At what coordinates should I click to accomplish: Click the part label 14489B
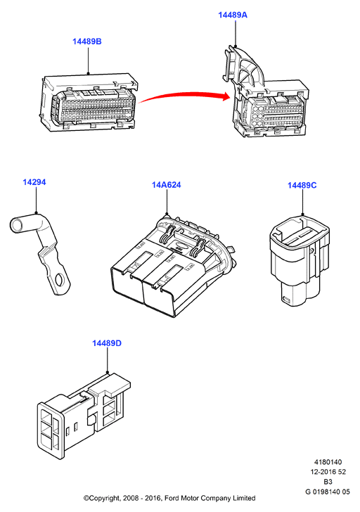[x=86, y=41]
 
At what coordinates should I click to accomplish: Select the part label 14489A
[x=233, y=15]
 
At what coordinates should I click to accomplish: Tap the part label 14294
[x=34, y=182]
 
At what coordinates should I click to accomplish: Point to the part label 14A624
[x=166, y=185]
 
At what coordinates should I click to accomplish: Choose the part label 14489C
[x=302, y=185]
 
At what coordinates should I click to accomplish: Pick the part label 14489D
[x=107, y=343]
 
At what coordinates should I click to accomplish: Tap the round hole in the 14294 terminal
[x=60, y=280]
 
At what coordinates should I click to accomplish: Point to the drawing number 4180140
[x=328, y=462]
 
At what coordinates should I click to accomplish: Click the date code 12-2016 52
[x=328, y=472]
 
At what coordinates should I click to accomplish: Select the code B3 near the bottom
[x=328, y=482]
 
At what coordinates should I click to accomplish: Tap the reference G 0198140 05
[x=328, y=492]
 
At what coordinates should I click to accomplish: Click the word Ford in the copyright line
[x=172, y=498]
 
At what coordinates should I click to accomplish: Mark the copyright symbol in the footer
[x=86, y=498]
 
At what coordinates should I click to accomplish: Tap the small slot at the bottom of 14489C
[x=286, y=299]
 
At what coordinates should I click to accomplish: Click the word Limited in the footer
[x=244, y=498]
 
